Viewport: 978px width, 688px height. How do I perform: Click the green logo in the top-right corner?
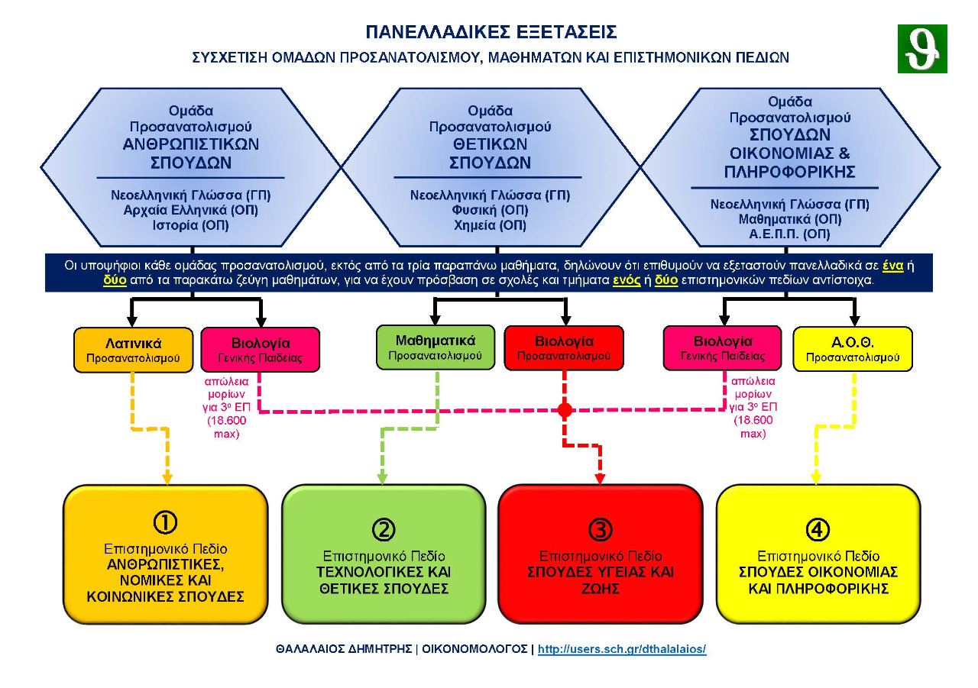(x=922, y=49)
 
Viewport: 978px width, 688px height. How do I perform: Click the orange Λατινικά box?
(x=133, y=350)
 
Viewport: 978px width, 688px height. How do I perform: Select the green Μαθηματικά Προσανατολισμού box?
(x=436, y=347)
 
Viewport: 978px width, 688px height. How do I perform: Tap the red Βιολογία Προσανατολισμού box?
(x=564, y=348)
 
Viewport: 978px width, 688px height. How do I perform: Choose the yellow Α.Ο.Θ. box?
(x=853, y=349)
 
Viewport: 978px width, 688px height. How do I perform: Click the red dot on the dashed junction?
(x=565, y=411)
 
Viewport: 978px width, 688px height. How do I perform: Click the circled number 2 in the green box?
(x=384, y=528)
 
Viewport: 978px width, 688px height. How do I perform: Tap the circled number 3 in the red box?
(x=601, y=528)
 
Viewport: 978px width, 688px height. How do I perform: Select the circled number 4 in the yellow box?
(x=818, y=528)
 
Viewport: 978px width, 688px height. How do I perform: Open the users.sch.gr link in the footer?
(x=622, y=649)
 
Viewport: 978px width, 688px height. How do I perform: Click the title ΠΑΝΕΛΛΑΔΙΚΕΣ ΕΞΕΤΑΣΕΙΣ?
(x=491, y=32)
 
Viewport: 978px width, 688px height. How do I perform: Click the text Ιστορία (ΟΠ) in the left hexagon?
(x=191, y=225)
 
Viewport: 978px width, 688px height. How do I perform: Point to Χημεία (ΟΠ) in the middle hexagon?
(x=491, y=225)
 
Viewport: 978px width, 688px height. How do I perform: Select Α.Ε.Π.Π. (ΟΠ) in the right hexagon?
(x=790, y=234)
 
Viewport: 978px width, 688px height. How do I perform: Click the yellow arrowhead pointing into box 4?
(x=816, y=479)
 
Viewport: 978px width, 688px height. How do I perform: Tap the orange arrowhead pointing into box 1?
(x=167, y=479)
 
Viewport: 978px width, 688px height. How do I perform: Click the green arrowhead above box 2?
(x=382, y=479)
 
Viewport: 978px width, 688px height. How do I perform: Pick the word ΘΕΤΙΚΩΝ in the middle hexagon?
(x=490, y=144)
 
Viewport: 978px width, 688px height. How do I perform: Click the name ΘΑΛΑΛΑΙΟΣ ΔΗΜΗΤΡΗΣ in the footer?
(x=345, y=649)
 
